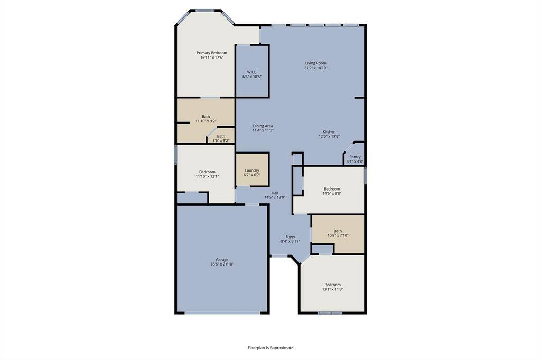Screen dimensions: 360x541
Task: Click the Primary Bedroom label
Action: tap(212, 53)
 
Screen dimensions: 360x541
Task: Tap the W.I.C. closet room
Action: tap(252, 74)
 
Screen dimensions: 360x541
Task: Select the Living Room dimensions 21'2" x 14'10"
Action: tap(315, 68)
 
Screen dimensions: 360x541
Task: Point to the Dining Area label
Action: tap(263, 126)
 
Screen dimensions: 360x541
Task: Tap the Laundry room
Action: tap(252, 172)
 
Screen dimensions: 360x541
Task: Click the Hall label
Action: tap(275, 193)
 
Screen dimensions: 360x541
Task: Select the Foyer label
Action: tap(290, 237)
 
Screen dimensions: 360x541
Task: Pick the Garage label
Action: tap(222, 259)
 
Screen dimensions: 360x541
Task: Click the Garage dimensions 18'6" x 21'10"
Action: tap(222, 264)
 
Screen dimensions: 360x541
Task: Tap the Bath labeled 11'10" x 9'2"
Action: tap(206, 119)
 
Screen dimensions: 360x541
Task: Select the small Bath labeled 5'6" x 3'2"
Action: tap(221, 138)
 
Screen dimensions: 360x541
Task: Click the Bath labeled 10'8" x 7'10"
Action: tap(338, 233)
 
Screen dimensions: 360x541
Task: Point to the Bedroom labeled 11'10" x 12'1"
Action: tap(207, 174)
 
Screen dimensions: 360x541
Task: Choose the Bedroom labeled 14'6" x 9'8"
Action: tap(332, 191)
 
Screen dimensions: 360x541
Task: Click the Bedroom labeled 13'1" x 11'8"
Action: tap(332, 287)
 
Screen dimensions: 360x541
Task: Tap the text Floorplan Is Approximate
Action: tap(270, 348)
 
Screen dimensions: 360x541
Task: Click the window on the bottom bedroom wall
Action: tap(330, 313)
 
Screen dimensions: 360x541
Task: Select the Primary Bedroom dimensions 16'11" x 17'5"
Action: tap(212, 58)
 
